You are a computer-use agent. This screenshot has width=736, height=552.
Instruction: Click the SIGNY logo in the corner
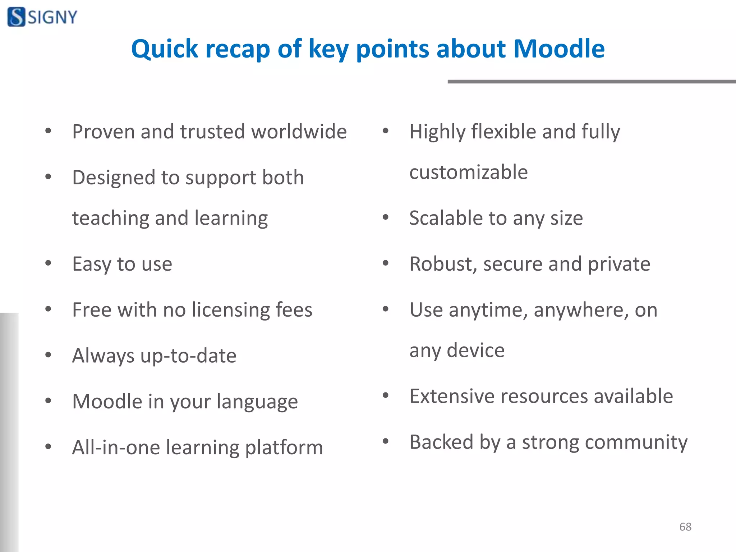(42, 17)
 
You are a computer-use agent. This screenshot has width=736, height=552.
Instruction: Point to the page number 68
(685, 526)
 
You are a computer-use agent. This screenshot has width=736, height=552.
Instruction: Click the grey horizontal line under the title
(591, 82)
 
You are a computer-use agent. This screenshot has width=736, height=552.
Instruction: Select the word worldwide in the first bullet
(299, 132)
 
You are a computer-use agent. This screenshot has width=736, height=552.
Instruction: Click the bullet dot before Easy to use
(48, 263)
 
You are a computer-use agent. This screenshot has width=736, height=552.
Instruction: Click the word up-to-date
(188, 356)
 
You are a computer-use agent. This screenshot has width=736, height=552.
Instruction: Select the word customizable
(469, 172)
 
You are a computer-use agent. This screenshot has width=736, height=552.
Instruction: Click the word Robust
(443, 264)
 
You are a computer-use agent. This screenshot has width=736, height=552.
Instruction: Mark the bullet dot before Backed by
(386, 441)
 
